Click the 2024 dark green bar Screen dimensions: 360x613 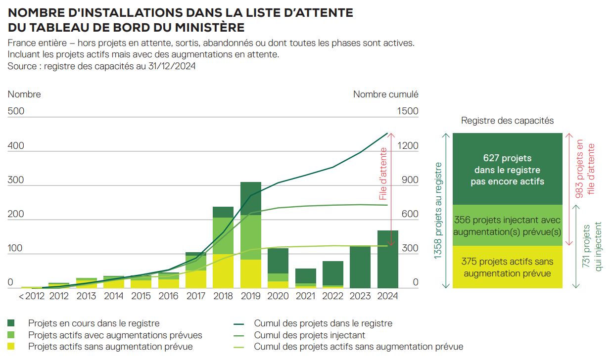388,259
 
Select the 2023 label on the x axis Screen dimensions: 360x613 361,296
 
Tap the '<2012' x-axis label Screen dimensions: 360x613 32,296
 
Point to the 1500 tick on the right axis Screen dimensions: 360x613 408,111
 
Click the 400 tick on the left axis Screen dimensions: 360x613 16,146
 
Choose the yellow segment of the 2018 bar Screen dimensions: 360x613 223,271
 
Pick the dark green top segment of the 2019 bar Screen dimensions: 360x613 251,198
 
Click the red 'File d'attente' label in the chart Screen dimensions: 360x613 383,174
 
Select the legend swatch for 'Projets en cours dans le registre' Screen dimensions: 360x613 12,323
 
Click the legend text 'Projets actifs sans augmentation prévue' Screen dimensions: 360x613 110,347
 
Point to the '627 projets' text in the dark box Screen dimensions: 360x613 507,158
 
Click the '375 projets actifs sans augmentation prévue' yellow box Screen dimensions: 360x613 507,267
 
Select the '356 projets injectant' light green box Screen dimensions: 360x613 507,225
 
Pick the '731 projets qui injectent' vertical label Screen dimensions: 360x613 592,247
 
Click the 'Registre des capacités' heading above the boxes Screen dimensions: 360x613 507,121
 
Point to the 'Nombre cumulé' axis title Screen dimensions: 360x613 385,94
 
